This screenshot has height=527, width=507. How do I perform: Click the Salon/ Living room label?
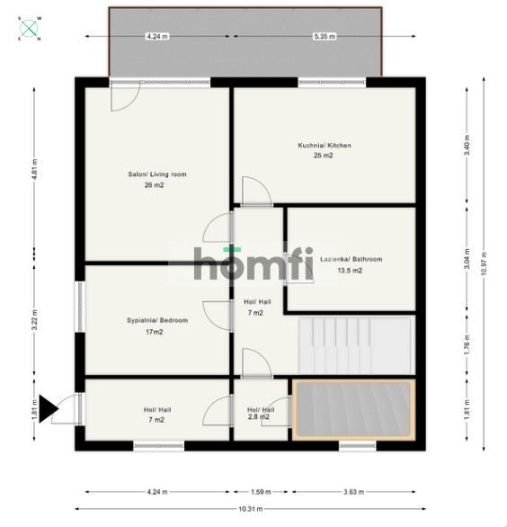pyautogui.click(x=157, y=174)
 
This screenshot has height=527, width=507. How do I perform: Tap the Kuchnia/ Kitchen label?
pyautogui.click(x=325, y=145)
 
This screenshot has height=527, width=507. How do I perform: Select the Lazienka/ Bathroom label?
pyautogui.click(x=351, y=259)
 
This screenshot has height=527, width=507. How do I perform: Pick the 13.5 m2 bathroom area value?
pyautogui.click(x=349, y=270)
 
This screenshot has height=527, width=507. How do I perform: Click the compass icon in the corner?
pyautogui.click(x=30, y=28)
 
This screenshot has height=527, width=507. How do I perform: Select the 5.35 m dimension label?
pyautogui.click(x=325, y=36)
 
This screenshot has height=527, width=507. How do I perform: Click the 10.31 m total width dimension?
pyautogui.click(x=252, y=509)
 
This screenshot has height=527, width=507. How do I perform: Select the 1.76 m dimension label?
pyautogui.click(x=466, y=344)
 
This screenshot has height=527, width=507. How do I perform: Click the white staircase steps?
pyautogui.click(x=353, y=344)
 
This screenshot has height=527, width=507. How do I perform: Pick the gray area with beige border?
pyautogui.click(x=352, y=410)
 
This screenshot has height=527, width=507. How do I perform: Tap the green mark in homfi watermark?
pyautogui.click(x=232, y=248)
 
